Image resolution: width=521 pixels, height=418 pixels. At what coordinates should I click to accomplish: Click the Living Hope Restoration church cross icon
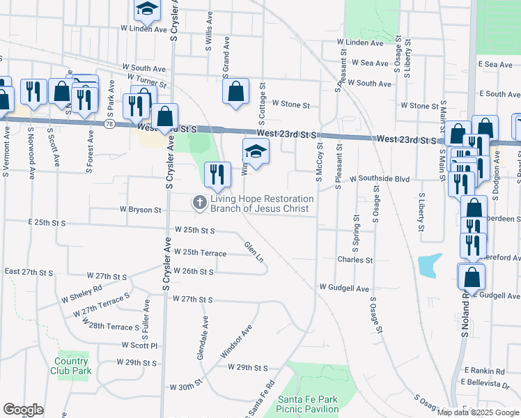(199, 203)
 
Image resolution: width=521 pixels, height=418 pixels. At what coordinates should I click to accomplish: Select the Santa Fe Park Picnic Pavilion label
(308, 404)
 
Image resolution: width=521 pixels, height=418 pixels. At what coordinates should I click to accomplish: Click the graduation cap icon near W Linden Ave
(147, 10)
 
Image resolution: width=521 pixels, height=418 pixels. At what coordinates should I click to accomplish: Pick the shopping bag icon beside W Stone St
(236, 91)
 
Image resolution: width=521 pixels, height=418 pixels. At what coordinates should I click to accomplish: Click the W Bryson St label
(140, 209)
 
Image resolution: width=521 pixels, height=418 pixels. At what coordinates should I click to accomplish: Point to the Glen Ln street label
(254, 251)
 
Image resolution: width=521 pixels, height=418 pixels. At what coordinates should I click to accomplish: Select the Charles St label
(355, 260)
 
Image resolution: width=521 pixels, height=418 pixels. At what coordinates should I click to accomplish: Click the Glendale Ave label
(202, 338)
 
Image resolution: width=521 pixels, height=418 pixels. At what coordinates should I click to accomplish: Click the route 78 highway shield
(109, 123)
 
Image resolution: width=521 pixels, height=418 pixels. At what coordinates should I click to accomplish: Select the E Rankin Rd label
(483, 370)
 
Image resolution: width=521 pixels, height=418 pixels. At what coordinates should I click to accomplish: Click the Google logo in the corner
(24, 410)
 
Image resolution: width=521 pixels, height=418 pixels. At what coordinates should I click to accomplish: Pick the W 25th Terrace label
(200, 253)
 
